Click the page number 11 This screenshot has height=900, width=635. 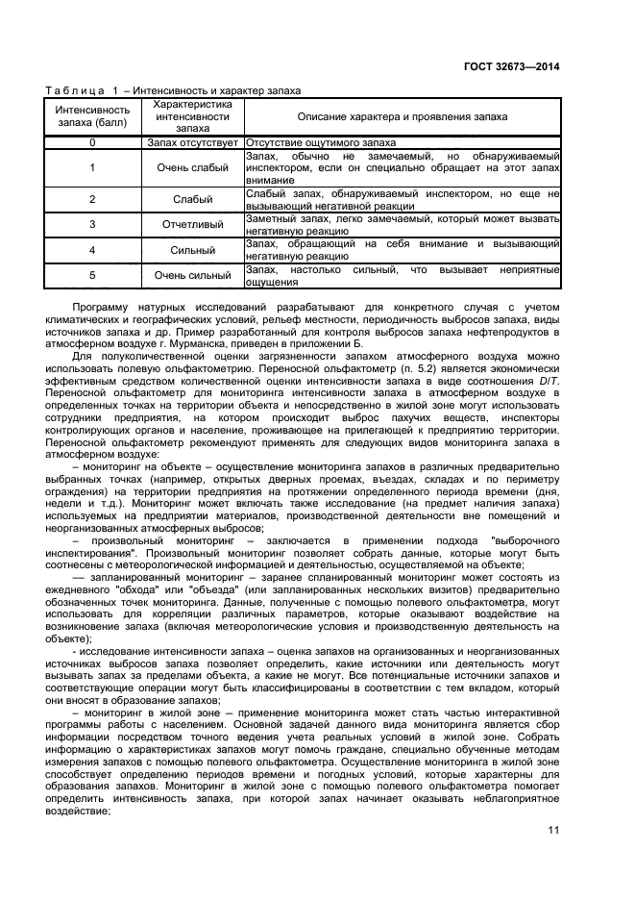click(553, 830)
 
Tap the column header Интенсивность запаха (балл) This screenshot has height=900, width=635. click(92, 115)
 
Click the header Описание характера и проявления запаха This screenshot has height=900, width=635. click(403, 116)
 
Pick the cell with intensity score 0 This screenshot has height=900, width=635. click(92, 141)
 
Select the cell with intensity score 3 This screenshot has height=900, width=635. click(92, 224)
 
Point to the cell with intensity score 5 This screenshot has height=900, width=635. click(92, 276)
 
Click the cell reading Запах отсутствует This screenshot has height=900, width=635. click(193, 141)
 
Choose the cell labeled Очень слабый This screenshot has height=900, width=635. click(193, 167)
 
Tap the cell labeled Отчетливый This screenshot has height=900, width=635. click(193, 224)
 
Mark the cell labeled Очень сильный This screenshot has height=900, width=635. click(193, 276)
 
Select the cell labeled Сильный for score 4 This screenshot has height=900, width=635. click(193, 250)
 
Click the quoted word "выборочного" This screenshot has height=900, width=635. click(525, 540)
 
